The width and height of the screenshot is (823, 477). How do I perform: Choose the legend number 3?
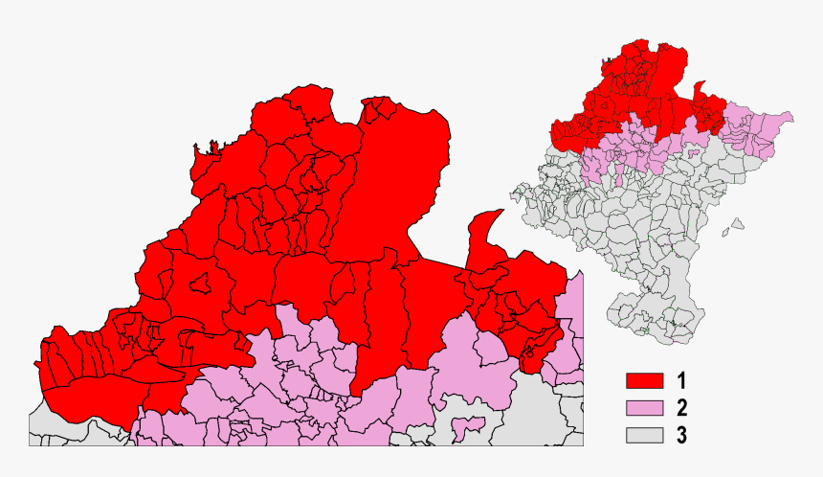tap(680, 436)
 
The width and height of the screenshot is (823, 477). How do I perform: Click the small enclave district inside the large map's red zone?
tap(202, 284)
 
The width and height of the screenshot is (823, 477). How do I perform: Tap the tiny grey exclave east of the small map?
tap(736, 227)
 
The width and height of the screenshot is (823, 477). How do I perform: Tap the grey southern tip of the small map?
tap(681, 330)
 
